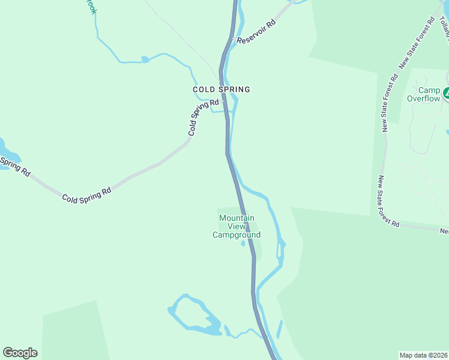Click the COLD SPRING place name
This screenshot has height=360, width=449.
[221, 89]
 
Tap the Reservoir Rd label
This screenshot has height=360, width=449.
[256, 31]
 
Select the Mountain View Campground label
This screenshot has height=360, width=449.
[237, 226]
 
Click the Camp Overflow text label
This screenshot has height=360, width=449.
[423, 94]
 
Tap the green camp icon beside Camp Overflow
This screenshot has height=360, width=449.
[447, 93]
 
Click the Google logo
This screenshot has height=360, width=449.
[20, 352]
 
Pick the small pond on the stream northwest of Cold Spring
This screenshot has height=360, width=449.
[145, 59]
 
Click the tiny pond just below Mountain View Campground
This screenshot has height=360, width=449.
[243, 244]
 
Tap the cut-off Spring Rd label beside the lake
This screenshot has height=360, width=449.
[15, 166]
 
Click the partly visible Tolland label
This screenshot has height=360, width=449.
[445, 26]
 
